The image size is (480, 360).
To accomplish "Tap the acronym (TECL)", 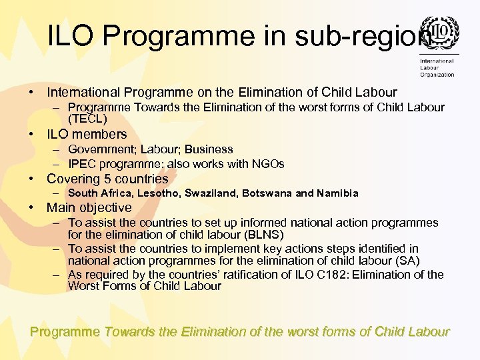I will click(87, 119).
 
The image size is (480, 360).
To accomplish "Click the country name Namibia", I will click(337, 193).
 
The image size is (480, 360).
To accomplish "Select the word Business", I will click(209, 149).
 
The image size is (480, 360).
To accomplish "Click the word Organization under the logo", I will click(437, 75).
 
